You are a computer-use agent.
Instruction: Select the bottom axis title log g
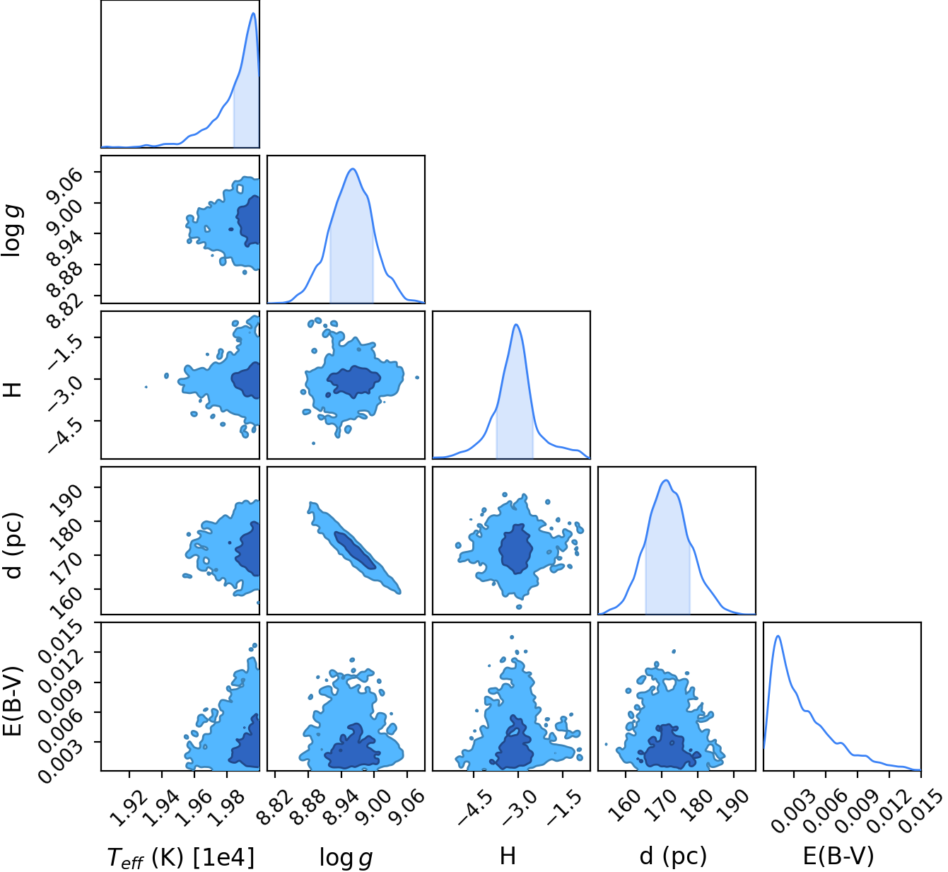click(x=346, y=857)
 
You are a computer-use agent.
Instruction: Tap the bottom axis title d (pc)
click(x=673, y=856)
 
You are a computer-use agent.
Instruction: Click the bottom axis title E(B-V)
click(x=838, y=856)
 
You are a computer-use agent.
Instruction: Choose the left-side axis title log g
click(x=13, y=230)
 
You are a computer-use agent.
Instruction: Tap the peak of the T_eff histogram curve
click(x=253, y=13)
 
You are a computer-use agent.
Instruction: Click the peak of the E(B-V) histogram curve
click(x=778, y=636)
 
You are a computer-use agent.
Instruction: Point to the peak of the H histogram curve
click(x=516, y=325)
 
